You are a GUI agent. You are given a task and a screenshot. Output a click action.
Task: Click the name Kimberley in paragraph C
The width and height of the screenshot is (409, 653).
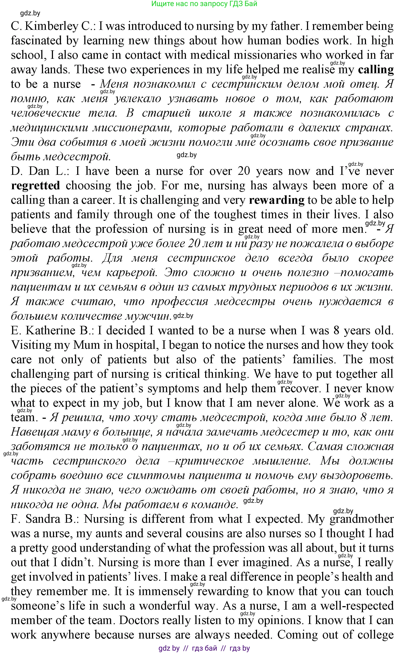point(51,26)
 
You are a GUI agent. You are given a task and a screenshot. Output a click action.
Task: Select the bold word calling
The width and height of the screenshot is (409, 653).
point(376,70)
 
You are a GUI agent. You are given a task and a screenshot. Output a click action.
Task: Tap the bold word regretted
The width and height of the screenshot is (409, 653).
point(35,186)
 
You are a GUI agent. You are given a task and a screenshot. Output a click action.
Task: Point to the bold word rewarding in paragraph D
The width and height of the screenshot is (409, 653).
point(276,200)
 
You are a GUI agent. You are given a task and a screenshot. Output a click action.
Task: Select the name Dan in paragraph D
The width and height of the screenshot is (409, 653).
point(39,171)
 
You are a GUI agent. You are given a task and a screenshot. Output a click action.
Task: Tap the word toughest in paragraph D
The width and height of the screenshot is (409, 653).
point(235,215)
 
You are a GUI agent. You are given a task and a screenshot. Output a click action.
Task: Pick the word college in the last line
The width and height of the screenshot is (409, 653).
point(375,635)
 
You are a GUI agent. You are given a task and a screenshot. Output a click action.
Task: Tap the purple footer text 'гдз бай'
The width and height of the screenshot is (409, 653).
point(204,648)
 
